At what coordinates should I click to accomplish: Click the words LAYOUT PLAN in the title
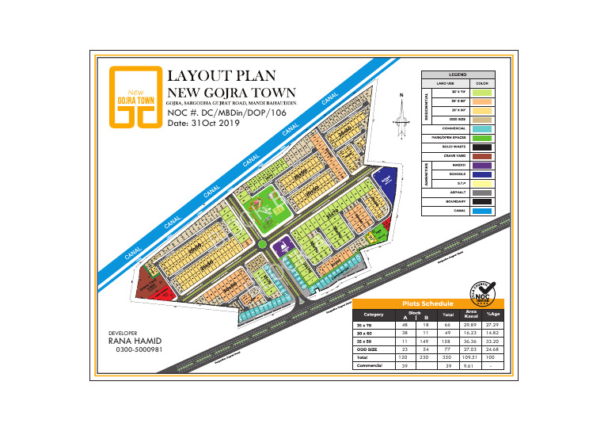222,76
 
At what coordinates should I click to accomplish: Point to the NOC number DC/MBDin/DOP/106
237,113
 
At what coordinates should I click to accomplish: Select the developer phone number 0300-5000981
139,349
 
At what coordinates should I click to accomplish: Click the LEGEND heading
458,74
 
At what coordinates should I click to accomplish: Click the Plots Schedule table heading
427,303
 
